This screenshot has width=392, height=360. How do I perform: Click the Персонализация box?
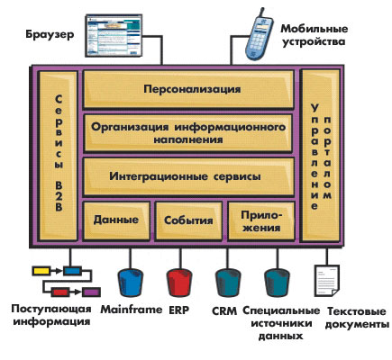(188, 89)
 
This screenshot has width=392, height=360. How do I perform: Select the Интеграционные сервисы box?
(188, 176)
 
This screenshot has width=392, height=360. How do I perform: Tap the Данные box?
(116, 220)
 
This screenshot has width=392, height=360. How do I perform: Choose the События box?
(188, 220)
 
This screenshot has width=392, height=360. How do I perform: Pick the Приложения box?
(261, 220)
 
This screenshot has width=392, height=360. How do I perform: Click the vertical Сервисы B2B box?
(59, 156)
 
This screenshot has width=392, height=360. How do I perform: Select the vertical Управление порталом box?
(320, 156)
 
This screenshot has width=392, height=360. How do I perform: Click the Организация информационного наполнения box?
(188, 133)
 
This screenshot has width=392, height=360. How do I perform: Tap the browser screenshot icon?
(114, 36)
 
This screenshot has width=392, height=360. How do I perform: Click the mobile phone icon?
(258, 34)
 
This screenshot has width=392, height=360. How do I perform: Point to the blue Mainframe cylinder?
(130, 283)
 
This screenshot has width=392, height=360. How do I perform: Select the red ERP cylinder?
(179, 283)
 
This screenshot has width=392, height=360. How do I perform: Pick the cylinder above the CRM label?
(228, 283)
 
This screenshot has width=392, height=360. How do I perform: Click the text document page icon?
(327, 281)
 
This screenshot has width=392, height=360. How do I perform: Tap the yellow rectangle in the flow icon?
(41, 271)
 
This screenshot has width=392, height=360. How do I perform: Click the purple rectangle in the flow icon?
(91, 292)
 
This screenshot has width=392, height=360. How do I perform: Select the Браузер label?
(50, 34)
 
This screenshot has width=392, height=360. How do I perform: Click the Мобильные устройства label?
(315, 35)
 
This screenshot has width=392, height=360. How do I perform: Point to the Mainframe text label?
(132, 310)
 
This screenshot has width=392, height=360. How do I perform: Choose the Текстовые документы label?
(357, 318)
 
